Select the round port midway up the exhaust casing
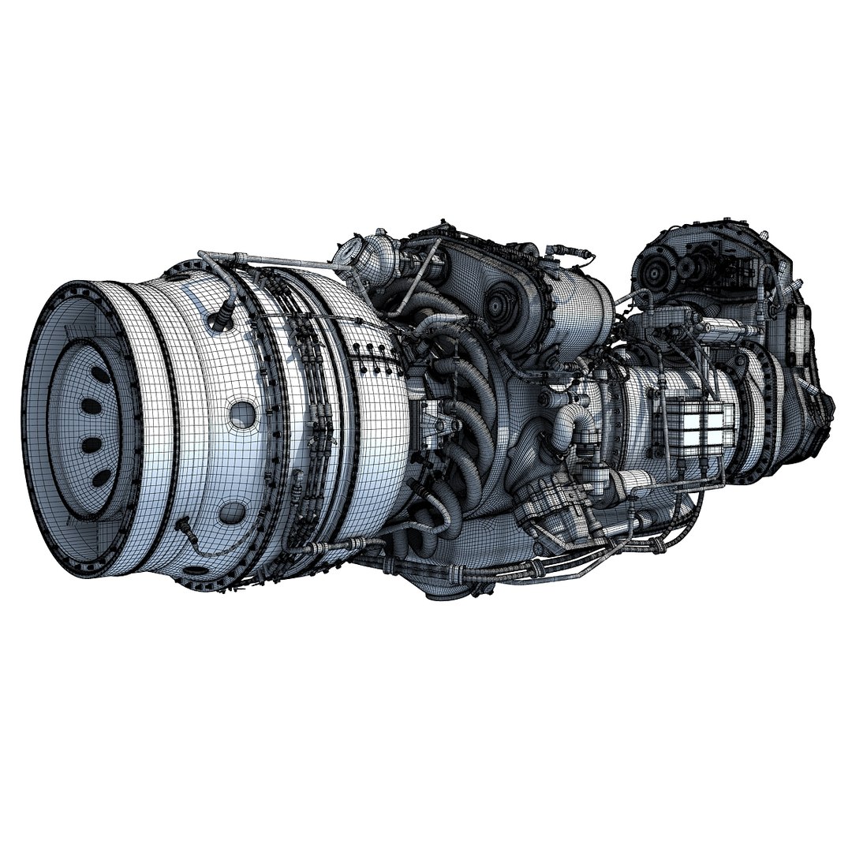(242, 413)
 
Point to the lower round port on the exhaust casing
(231, 513)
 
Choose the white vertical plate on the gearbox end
(798, 335)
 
